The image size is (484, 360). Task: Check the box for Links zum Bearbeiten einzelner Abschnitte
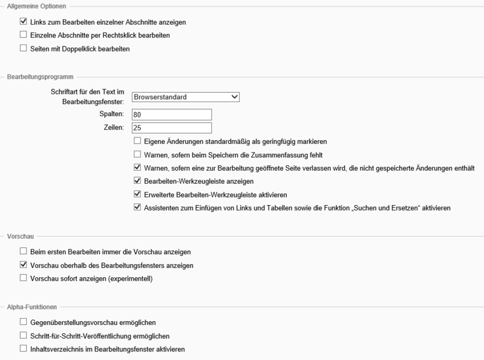tap(24, 22)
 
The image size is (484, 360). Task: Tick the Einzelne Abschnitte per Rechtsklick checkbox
tap(24, 35)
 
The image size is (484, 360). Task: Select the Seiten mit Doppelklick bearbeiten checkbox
tap(24, 48)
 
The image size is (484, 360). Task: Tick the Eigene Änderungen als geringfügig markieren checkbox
tap(137, 141)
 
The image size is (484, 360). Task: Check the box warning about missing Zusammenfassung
tap(137, 154)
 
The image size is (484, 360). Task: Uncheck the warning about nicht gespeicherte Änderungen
tap(137, 168)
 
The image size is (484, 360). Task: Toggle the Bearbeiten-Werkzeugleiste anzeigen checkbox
tap(137, 181)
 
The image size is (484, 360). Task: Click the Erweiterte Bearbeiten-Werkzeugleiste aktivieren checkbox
tap(137, 194)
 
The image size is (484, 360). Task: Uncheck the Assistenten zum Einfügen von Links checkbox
tap(137, 208)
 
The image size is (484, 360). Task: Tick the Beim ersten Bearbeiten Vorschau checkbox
tap(24, 251)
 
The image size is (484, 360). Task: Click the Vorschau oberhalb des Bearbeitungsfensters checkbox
tap(24, 265)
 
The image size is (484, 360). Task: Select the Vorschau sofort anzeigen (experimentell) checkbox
tap(24, 278)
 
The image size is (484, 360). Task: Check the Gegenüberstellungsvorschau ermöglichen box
tap(24, 322)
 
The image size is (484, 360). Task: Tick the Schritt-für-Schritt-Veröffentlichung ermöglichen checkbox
tap(24, 336)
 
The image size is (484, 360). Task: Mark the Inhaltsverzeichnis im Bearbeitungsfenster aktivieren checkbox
tap(24, 349)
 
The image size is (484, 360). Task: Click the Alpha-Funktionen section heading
tap(30, 308)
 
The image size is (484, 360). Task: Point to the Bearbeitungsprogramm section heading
tap(40, 77)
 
